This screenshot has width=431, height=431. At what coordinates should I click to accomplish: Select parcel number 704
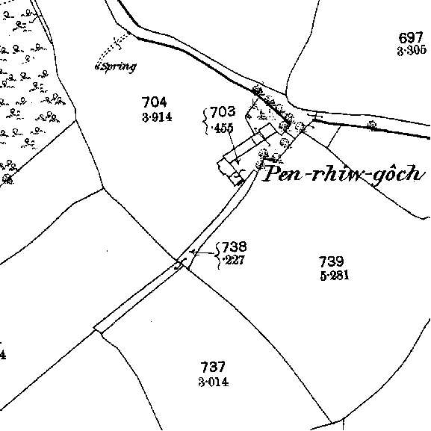click(154, 102)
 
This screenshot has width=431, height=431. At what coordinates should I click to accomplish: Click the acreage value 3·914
click(157, 117)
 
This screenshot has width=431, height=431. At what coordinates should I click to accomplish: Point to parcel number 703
click(223, 111)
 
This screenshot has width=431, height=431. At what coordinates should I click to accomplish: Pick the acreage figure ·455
click(223, 128)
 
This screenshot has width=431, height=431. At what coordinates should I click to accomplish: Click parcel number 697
click(410, 37)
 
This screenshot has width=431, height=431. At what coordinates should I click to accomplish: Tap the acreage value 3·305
click(412, 51)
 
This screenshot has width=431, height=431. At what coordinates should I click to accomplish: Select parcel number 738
click(234, 246)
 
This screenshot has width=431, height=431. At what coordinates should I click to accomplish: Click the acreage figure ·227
click(235, 260)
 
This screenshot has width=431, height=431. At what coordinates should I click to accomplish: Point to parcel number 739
click(331, 261)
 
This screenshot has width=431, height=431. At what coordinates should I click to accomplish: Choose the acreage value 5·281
click(335, 276)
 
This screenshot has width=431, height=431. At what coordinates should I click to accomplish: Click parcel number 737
click(213, 367)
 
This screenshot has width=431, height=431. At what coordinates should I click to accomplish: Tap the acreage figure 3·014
click(214, 382)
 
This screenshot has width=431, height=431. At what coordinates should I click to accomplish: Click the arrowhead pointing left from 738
click(193, 252)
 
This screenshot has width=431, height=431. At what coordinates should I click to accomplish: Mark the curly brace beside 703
click(205, 121)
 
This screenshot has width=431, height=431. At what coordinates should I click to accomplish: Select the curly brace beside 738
click(218, 255)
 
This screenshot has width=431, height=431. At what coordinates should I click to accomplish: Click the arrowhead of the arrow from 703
click(238, 161)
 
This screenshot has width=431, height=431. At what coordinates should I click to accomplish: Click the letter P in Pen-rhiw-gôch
click(271, 173)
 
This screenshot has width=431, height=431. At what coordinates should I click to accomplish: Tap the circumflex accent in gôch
click(385, 167)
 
